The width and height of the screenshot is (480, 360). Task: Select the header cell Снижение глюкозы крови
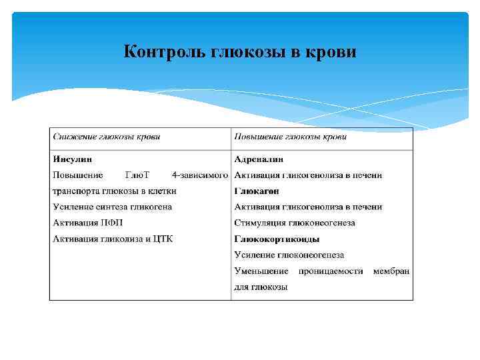[107, 137]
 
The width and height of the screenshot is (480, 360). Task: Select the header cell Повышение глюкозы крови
[290, 137]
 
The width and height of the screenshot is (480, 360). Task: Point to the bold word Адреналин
[259, 159]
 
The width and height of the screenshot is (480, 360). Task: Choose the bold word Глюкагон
[257, 191]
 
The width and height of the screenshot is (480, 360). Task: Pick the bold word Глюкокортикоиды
[277, 239]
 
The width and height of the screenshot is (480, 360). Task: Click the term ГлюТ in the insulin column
[137, 175]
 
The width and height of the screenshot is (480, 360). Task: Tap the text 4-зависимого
[200, 175]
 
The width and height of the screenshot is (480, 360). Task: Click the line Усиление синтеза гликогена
[112, 207]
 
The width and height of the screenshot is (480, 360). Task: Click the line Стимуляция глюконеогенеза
[295, 223]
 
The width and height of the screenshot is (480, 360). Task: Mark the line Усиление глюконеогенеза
[289, 255]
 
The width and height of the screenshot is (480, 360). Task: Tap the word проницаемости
[331, 271]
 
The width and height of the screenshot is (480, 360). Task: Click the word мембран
[391, 271]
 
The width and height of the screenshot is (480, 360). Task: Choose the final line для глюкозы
[261, 287]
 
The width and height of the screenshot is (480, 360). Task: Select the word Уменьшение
[261, 271]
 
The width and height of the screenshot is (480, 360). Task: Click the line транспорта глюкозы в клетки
[115, 191]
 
